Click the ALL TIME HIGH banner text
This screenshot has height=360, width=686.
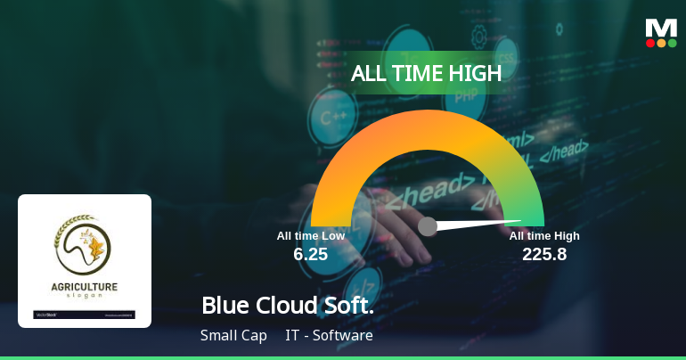click(x=426, y=73)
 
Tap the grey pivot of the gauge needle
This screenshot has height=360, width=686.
click(x=428, y=226)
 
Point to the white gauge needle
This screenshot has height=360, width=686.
click(x=481, y=223)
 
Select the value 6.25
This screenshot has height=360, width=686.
click(x=311, y=254)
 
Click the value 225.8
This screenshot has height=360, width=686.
click(x=544, y=254)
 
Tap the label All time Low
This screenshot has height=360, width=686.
click(x=310, y=235)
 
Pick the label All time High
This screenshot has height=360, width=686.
click(x=544, y=235)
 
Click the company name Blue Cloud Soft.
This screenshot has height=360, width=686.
click(x=287, y=305)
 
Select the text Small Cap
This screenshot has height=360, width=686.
click(x=233, y=336)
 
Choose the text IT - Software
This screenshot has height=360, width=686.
click(x=329, y=336)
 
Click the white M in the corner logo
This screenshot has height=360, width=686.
click(x=661, y=28)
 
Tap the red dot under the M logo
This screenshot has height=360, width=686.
click(x=650, y=43)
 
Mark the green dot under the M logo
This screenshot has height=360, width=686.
click(x=672, y=43)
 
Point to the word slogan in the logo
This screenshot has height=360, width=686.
click(x=85, y=296)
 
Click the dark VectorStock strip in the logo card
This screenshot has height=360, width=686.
click(x=85, y=315)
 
